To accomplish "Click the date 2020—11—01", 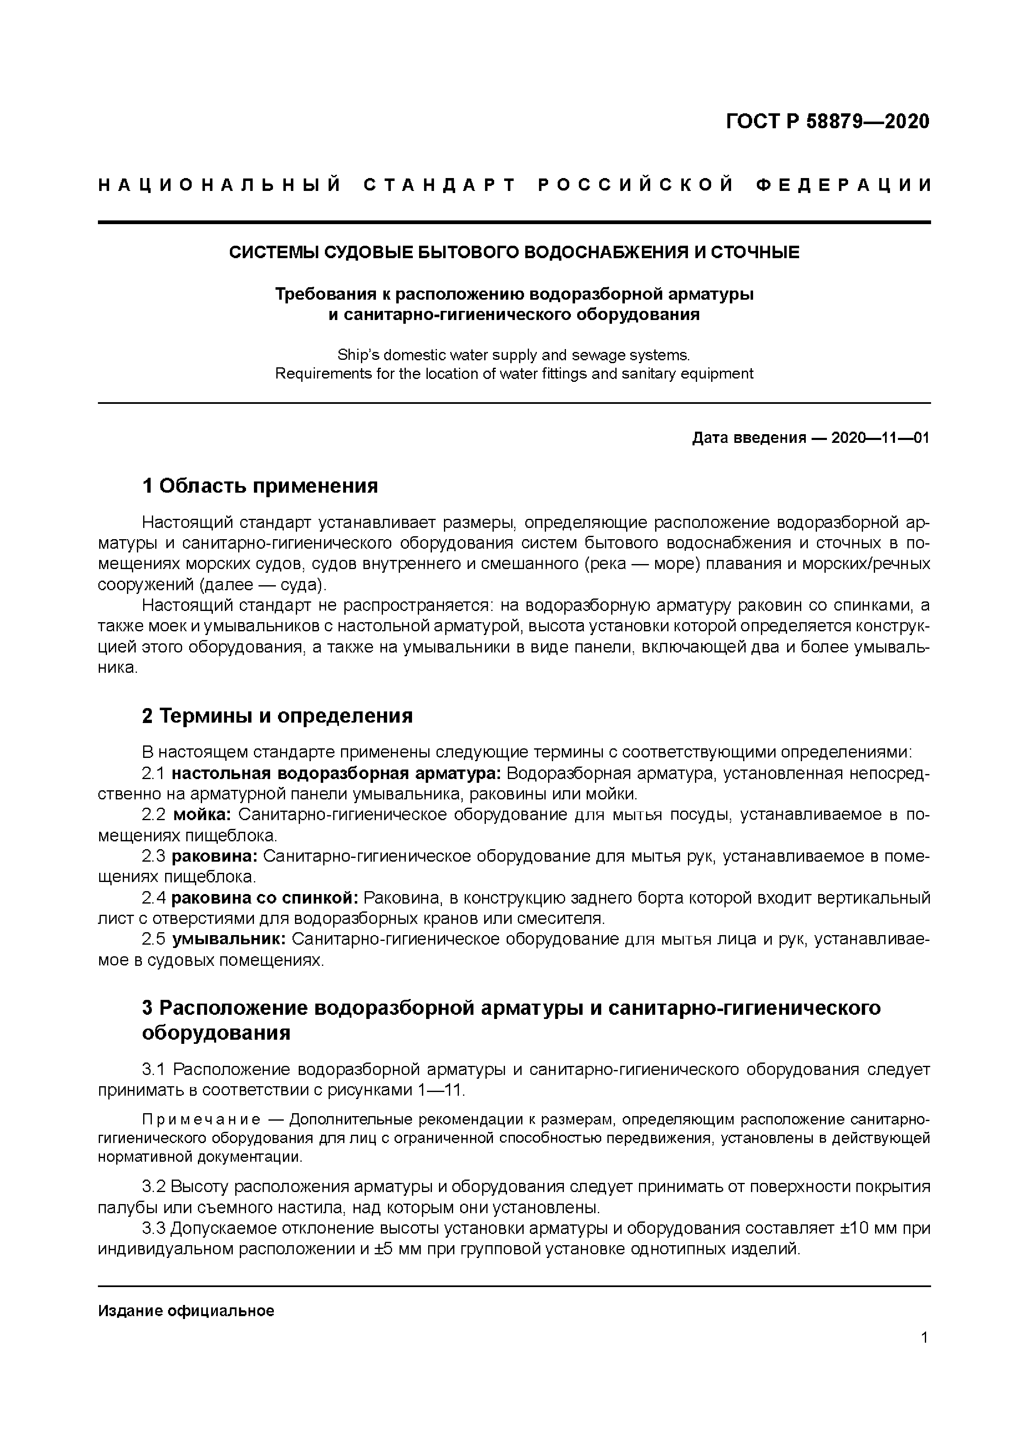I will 880,438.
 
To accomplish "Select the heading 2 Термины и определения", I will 277,716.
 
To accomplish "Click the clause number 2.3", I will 154,856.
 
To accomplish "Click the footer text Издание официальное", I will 186,1311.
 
